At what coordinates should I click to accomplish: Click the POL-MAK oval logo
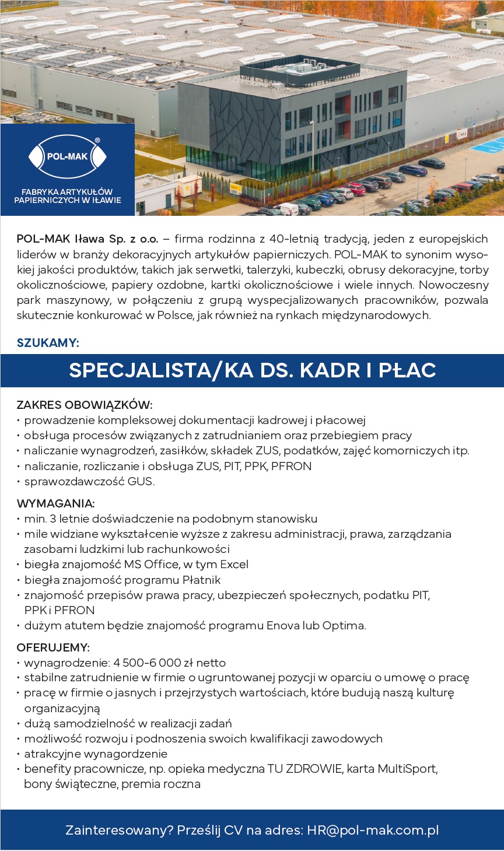point(67,156)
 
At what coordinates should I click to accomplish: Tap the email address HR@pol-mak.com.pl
point(373,830)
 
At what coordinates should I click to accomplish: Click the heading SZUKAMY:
point(48,343)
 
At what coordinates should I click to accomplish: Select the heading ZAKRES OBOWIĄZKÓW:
point(85,405)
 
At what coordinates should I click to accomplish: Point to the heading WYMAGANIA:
point(55,503)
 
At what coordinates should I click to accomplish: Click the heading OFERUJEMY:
point(53,647)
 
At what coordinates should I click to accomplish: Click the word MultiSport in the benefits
point(407,769)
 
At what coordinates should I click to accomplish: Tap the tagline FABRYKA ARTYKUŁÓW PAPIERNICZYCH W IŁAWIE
point(68,196)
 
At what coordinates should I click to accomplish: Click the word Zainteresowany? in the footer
point(119,830)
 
